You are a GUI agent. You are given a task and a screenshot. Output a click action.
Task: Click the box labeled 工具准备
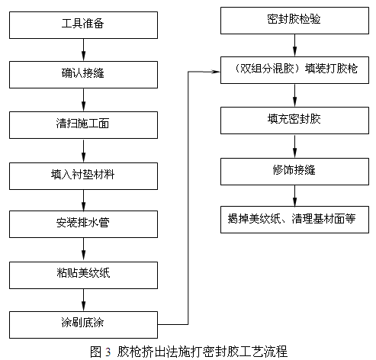click(83, 25)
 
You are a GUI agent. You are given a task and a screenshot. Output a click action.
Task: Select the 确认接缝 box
click(83, 75)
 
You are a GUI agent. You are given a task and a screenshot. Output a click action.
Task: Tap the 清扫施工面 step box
click(83, 125)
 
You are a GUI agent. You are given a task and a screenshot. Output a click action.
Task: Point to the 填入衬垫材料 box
click(83, 176)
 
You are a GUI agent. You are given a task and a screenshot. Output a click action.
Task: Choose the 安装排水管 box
click(83, 224)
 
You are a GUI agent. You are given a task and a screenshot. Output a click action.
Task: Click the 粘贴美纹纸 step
click(83, 275)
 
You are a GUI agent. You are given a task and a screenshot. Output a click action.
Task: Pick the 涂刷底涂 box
click(83, 325)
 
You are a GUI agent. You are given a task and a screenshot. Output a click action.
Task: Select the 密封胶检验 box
click(294, 21)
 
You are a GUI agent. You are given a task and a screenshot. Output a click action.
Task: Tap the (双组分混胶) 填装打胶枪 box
click(294, 70)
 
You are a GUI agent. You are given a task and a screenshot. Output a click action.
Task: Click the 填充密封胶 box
click(294, 121)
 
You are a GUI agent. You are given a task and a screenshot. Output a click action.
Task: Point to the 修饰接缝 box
click(294, 172)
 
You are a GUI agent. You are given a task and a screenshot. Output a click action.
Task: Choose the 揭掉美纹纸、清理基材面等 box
click(294, 220)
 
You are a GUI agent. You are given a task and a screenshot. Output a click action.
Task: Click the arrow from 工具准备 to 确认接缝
click(83, 50)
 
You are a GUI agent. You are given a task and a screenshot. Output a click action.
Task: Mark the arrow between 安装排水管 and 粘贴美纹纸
click(83, 249)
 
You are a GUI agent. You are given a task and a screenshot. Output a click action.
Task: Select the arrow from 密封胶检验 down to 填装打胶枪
click(294, 45)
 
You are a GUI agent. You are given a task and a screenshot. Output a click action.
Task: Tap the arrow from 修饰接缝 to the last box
click(294, 196)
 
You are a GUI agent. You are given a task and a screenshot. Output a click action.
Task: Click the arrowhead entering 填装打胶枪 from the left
click(216, 72)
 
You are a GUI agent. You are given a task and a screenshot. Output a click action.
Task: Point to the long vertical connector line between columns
click(188, 198)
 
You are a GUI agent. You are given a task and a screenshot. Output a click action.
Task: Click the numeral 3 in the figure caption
click(108, 352)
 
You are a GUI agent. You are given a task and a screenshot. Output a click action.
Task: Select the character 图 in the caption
click(96, 352)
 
